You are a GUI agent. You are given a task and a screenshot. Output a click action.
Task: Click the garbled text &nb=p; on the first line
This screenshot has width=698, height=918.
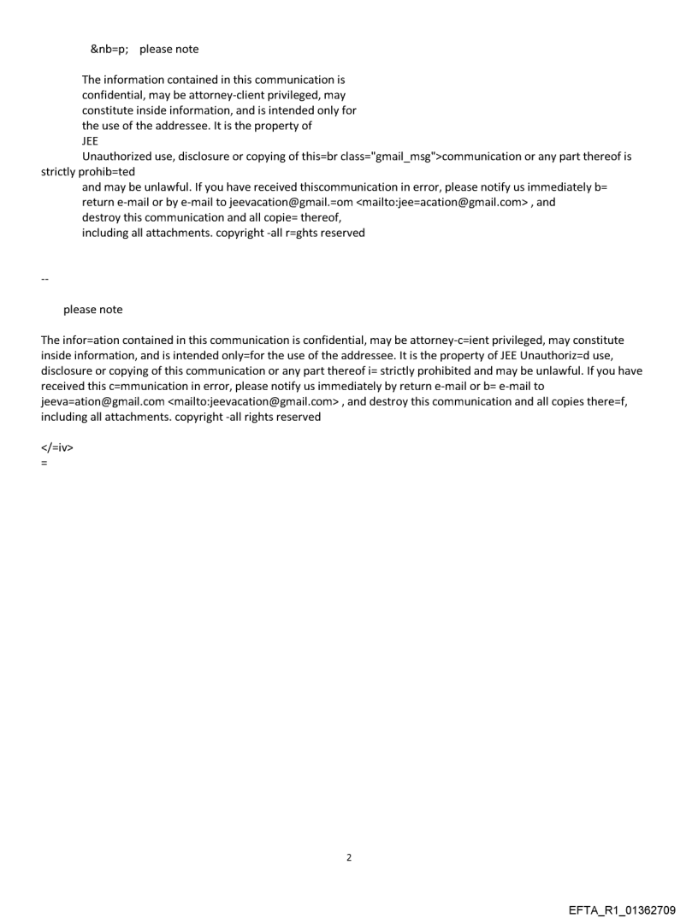coord(110,49)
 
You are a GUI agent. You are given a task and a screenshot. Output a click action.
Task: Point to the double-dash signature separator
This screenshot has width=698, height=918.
coord(44,280)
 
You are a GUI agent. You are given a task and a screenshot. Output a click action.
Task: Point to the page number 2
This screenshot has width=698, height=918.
coord(349,857)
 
